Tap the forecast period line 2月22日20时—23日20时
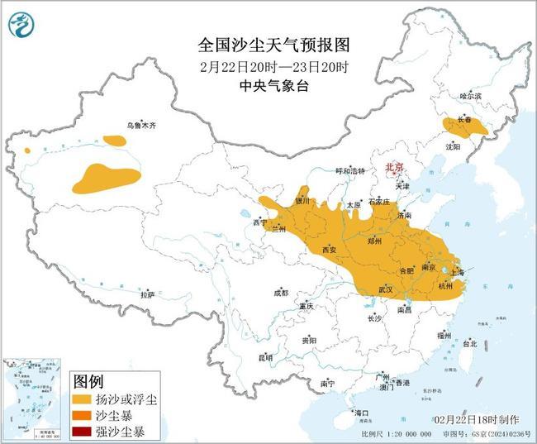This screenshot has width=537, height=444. pos(269,65)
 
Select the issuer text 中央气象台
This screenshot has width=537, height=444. pos(269,86)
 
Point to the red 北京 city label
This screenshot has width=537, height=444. pos(395,168)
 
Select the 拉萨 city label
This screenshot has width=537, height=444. pos(147,294)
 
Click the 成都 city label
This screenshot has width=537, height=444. pos(281,293)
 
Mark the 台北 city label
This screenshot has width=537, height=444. pos(469,342)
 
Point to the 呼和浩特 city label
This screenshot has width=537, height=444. pos(349,171)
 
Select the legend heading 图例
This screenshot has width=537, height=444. pos(88,381)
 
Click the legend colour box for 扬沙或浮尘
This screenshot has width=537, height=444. pos(83,399)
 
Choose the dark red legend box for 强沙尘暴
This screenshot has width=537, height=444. pos(83,431)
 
